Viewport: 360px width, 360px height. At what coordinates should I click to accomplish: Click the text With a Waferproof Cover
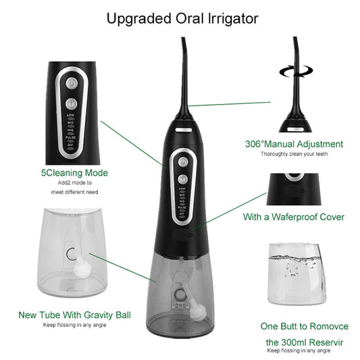293,217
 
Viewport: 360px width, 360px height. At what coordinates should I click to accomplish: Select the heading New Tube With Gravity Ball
74,315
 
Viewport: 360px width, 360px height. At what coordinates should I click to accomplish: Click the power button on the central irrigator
182,161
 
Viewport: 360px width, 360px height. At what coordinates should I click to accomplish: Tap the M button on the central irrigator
182,178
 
